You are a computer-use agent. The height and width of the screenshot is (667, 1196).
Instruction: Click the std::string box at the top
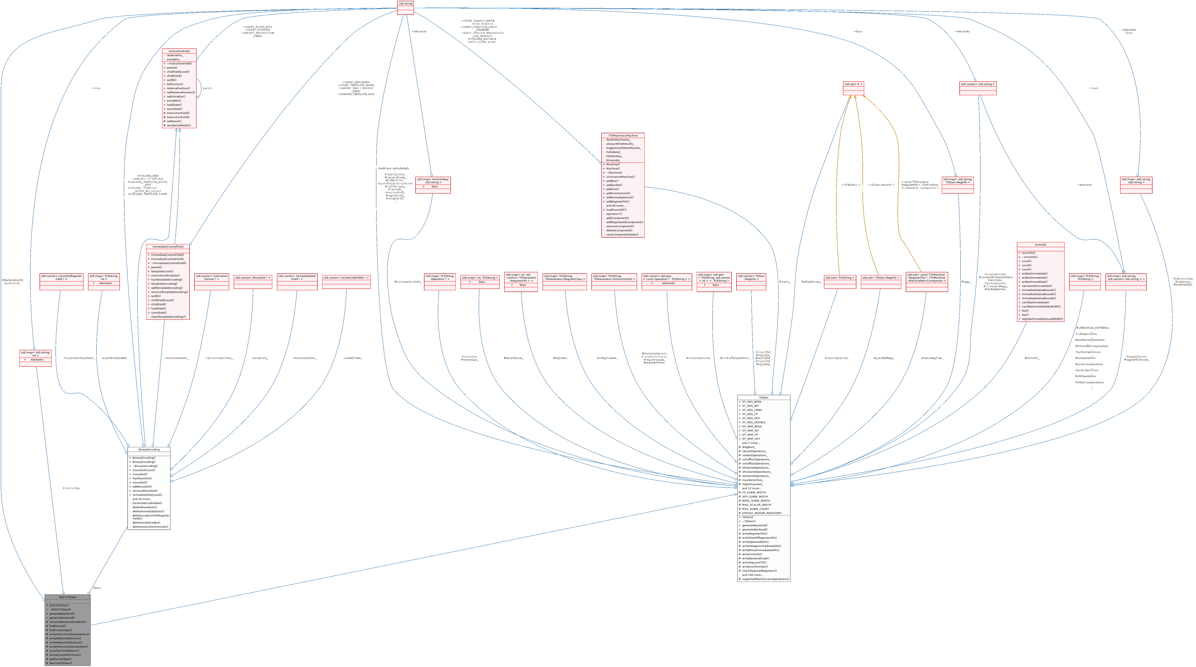coord(405,4)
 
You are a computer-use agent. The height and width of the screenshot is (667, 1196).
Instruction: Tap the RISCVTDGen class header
coord(67,597)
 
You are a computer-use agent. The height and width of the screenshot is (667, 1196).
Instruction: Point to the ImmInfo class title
coord(1040,245)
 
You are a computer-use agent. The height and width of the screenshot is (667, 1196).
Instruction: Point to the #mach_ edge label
coord(785,282)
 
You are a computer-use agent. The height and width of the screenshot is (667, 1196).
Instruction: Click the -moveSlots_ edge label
coord(259,358)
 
